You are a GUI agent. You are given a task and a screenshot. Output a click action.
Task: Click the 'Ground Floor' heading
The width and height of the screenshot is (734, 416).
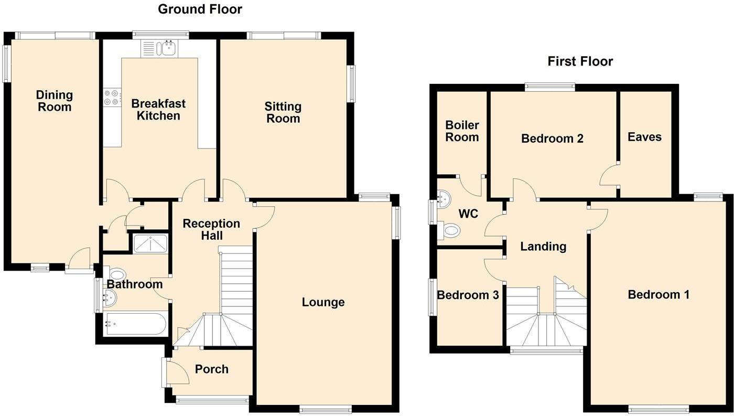[200, 9]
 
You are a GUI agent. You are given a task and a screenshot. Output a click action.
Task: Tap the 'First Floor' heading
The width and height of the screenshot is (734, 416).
[580, 61]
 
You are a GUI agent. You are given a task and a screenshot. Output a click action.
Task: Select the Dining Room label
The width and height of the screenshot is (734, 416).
[54, 101]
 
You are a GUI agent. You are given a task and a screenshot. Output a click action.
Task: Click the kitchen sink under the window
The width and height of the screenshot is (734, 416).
[168, 49]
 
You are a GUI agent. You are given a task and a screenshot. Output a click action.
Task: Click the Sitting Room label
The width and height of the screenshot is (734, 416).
[283, 112]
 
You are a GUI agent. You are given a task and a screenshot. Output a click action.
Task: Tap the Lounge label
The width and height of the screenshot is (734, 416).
[323, 302]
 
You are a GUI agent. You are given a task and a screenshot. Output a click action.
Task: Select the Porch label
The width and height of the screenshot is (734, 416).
[211, 369]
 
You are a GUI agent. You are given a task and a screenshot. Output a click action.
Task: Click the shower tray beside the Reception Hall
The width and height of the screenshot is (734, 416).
[150, 244]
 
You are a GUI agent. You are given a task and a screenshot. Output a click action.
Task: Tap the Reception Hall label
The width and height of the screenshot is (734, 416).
[211, 229]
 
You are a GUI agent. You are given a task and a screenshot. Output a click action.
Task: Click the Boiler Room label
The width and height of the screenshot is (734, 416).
[462, 131]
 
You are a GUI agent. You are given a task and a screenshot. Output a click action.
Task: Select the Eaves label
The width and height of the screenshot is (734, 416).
[644, 137]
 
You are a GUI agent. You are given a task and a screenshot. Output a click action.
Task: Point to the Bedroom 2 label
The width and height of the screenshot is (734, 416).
[552, 138]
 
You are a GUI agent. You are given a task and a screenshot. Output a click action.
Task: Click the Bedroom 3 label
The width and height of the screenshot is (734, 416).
[468, 295]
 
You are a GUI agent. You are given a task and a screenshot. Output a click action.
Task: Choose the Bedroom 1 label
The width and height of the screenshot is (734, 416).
[659, 295]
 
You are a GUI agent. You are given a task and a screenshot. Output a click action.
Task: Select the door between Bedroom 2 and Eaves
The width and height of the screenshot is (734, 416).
[609, 175]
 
